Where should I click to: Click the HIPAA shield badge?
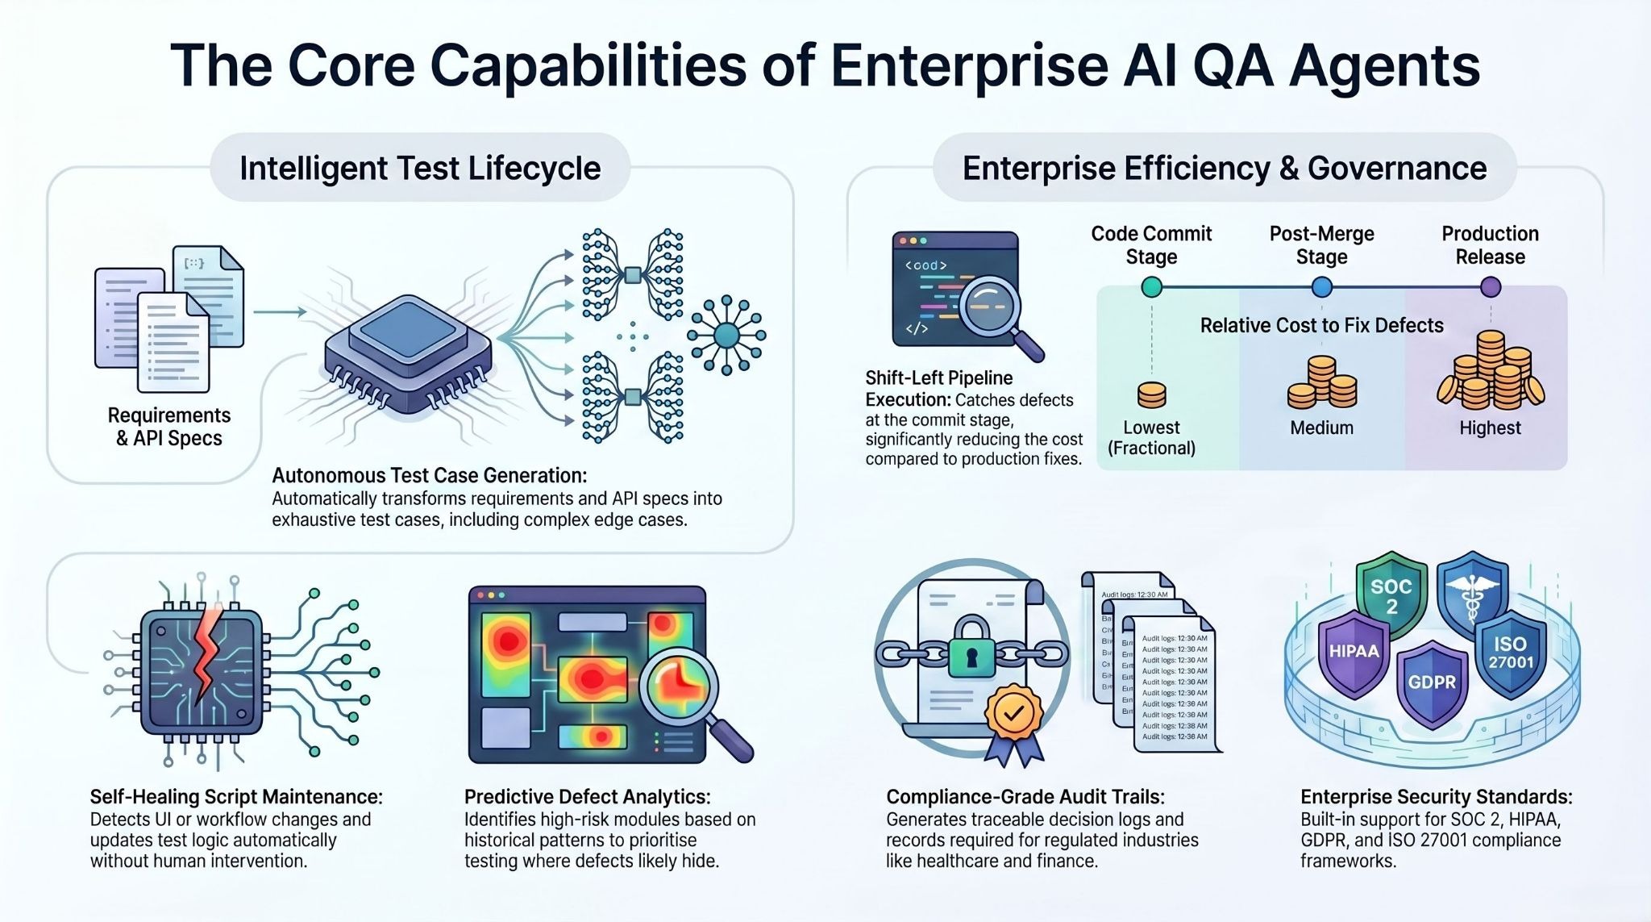click(x=1354, y=652)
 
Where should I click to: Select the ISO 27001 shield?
click(x=1510, y=653)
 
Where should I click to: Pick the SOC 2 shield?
click(x=1391, y=596)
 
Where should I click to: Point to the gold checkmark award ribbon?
click(x=1014, y=713)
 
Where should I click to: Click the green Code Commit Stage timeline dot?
click(x=1152, y=287)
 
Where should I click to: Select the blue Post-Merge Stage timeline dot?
click(x=1322, y=287)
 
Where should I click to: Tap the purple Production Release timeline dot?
click(x=1491, y=287)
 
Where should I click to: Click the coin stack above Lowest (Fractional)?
click(x=1151, y=395)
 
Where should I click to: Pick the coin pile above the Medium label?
click(x=1322, y=384)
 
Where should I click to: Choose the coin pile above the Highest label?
click(x=1491, y=373)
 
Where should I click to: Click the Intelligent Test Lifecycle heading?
click(x=420, y=169)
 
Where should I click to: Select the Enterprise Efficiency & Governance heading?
click(x=1225, y=169)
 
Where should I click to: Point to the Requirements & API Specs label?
click(x=169, y=427)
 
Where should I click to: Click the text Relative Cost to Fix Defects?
click(x=1322, y=326)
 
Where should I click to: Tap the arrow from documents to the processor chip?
click(x=279, y=312)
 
